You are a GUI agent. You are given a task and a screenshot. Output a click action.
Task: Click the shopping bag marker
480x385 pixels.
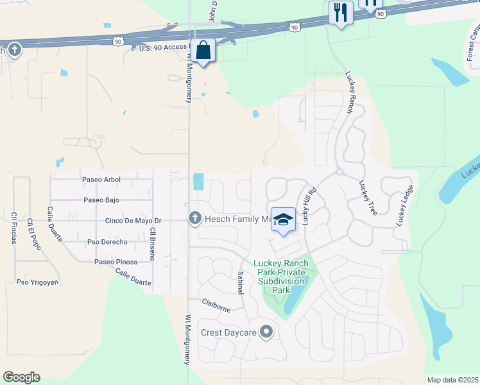click(203, 51)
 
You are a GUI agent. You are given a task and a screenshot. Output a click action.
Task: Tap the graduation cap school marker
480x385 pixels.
click(282, 220)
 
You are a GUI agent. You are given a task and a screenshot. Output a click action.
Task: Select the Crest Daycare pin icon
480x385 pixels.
click(267, 332)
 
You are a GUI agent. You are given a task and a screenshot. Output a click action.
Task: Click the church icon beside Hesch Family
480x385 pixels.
click(194, 219)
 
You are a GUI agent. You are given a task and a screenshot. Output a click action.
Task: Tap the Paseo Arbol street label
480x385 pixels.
click(101, 180)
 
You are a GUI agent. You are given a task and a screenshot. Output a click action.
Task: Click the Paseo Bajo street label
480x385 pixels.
click(101, 200)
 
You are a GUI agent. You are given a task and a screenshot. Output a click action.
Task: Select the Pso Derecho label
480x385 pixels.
click(107, 242)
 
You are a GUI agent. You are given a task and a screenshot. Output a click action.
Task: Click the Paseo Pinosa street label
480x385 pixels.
click(116, 262)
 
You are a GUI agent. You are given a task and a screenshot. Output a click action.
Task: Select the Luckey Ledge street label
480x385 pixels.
click(404, 205)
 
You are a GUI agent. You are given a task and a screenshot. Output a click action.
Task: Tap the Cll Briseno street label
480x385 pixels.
click(152, 243)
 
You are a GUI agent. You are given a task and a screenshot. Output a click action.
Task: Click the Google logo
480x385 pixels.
click(21, 377)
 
